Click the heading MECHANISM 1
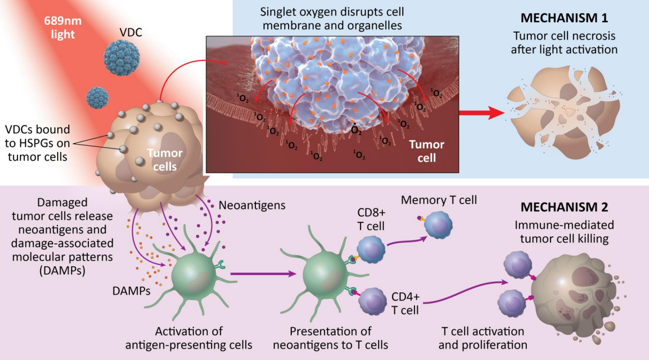click(564, 18)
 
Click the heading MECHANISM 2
click(564, 207)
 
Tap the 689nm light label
click(63, 27)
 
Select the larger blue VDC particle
click(122, 58)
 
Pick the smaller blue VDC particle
click(97, 98)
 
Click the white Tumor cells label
click(165, 160)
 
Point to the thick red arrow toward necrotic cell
click(481, 112)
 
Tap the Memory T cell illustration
click(437, 224)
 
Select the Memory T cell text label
click(439, 200)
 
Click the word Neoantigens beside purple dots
click(252, 205)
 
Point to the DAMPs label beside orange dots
click(131, 291)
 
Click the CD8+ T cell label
click(371, 219)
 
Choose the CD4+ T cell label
click(405, 303)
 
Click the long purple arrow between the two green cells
click(263, 274)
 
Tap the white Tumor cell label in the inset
click(426, 151)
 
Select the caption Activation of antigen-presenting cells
click(188, 338)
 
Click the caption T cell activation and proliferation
click(482, 338)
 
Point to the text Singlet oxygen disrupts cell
click(332, 12)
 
